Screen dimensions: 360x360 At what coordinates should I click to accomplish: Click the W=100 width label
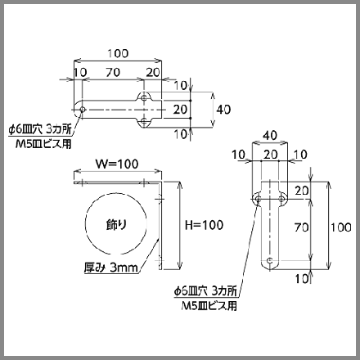tap(117, 164)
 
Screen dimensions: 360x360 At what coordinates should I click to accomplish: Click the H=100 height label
tap(205, 225)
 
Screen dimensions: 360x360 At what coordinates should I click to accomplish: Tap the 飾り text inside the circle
tap(116, 225)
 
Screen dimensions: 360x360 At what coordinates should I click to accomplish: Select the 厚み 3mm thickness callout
tap(111, 268)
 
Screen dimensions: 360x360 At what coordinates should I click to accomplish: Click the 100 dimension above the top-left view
tap(118, 53)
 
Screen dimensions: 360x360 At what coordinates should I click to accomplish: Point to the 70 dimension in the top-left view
tap(113, 72)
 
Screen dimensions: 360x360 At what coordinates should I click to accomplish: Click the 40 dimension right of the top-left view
tap(223, 110)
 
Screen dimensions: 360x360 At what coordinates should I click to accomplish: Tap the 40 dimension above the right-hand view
tap(270, 135)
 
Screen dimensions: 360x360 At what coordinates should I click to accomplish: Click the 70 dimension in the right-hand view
tap(302, 227)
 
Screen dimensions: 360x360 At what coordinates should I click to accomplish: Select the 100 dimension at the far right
tap(341, 227)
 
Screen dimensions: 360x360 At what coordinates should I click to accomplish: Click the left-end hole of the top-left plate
tap(83, 110)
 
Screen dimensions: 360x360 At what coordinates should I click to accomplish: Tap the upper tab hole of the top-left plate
tap(144, 97)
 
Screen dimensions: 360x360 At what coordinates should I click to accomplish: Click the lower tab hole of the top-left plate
tap(144, 122)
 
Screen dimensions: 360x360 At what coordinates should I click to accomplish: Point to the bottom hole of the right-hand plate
tap(270, 260)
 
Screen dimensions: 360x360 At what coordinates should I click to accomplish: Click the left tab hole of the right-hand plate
tap(258, 199)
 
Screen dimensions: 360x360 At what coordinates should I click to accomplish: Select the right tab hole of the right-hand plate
tap(282, 199)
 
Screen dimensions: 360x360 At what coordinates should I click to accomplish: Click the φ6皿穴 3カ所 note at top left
tap(40, 129)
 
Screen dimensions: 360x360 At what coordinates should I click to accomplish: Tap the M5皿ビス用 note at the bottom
tap(209, 306)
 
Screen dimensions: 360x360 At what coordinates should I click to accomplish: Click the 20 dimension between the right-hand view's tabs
tap(270, 155)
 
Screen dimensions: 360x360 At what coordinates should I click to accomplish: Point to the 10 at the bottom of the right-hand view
tap(302, 279)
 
